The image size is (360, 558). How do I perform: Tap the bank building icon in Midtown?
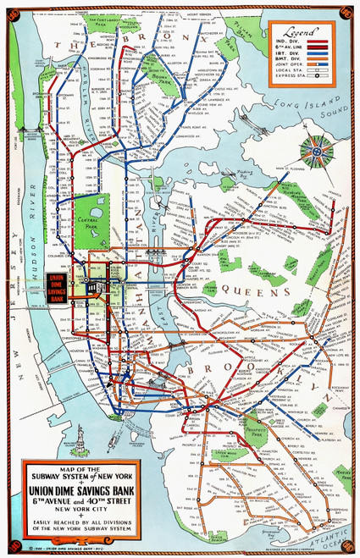click(x=99, y=289)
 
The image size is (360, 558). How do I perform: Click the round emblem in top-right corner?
click(x=345, y=13)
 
